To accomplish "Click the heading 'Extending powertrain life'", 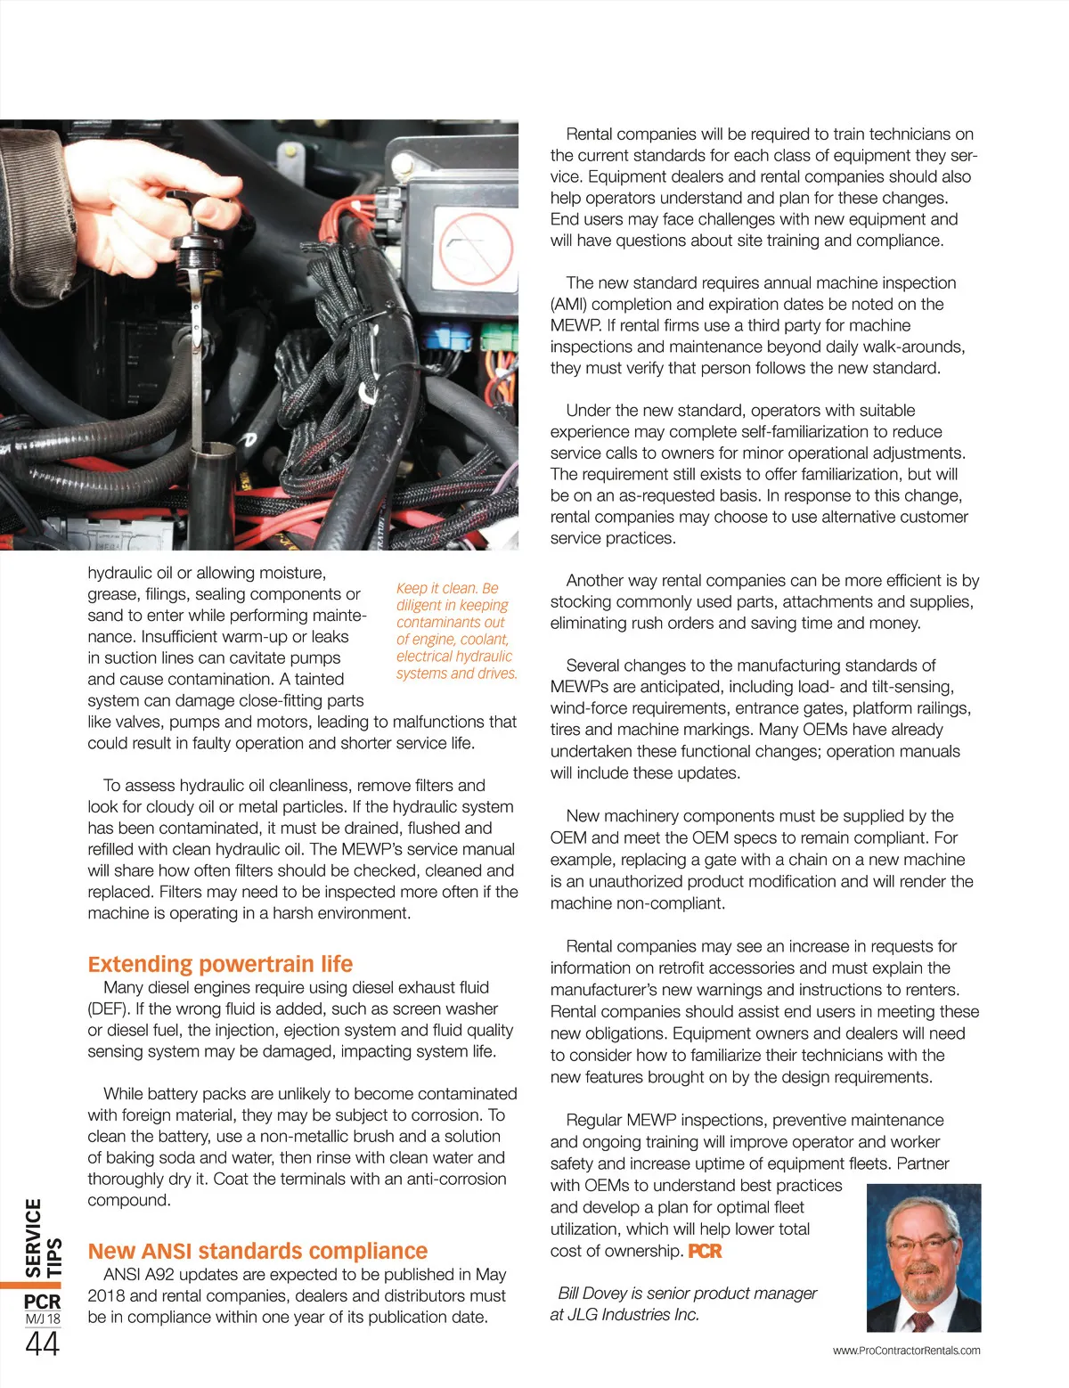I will click(220, 964).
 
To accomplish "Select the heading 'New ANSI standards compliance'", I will click(257, 1251).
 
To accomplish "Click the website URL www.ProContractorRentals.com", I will click(906, 1351).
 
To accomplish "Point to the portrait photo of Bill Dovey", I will click(924, 1257).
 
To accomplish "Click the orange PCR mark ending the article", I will click(705, 1251).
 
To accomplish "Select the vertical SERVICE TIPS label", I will click(43, 1238).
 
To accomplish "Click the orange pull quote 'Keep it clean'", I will click(456, 631).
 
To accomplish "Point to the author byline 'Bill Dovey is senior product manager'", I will click(687, 1293).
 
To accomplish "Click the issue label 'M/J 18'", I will click(43, 1319).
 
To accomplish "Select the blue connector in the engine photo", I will click(445, 339).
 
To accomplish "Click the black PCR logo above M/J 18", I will click(43, 1301).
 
